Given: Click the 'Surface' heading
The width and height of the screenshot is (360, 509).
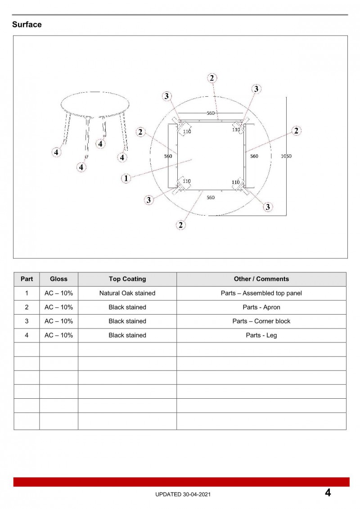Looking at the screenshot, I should pos(27,25).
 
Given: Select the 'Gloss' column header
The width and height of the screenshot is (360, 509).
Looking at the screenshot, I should pos(58,279).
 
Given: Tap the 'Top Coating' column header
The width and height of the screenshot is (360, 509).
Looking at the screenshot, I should pos(127,279).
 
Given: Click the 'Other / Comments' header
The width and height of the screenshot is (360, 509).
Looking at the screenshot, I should pos(261,279).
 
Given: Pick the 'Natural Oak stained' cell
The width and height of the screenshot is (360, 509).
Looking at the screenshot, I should pos(127,293).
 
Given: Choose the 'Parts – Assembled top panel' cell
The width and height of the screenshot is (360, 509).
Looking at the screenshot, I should pos(261,293).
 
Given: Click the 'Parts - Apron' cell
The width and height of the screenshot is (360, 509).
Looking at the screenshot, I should pos(261,307).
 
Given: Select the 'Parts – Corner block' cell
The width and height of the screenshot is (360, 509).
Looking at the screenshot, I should pos(261,321).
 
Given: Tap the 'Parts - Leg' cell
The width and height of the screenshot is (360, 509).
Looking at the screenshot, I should pos(261,335).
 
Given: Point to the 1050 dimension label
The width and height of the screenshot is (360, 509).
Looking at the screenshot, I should pos(286,156).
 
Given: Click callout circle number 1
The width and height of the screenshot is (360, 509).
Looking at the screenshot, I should pos(126,178).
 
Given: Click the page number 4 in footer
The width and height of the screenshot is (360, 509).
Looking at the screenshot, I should pos(328,493).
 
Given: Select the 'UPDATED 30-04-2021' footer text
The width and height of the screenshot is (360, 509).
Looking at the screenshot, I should pos(182,494).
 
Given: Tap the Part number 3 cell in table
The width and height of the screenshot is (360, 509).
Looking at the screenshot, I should pos(27,321).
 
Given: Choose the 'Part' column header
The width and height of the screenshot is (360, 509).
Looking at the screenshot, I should pos(27,279).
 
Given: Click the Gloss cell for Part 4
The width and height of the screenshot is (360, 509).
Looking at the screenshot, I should pos(58,335).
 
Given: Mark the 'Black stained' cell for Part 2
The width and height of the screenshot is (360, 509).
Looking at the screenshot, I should pos(127,307).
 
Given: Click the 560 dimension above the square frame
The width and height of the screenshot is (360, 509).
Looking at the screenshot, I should pos(211,113).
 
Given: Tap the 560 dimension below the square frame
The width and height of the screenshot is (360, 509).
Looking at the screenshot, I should pos(211,198).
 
